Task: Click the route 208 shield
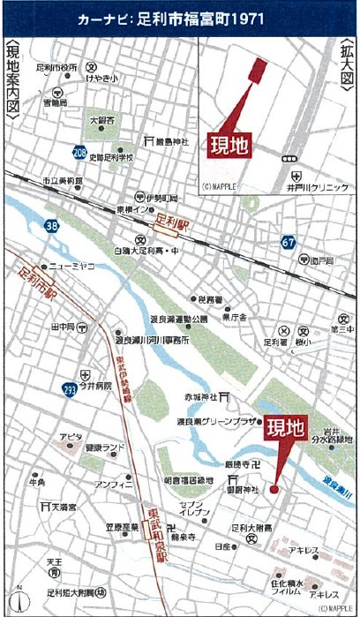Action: pyautogui.click(x=80, y=153)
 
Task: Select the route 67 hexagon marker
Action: pyautogui.click(x=289, y=242)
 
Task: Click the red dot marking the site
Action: pyautogui.click(x=274, y=488)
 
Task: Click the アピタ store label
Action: pyautogui.click(x=71, y=438)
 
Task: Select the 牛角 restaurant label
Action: pyautogui.click(x=37, y=483)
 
